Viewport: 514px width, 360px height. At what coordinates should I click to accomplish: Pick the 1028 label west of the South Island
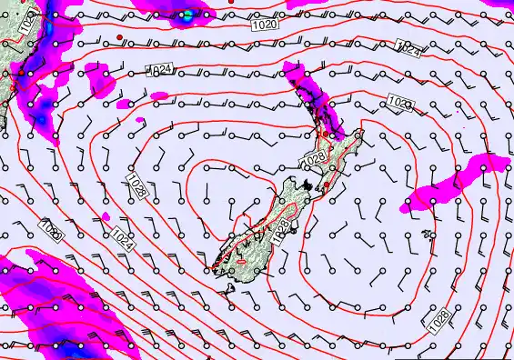click(137, 187)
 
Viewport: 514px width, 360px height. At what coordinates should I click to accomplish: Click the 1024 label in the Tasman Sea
click(161, 69)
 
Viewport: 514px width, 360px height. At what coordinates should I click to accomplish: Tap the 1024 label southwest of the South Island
click(123, 239)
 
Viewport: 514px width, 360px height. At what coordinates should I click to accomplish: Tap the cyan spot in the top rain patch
click(188, 15)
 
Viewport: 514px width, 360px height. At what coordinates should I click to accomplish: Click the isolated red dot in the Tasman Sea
click(119, 36)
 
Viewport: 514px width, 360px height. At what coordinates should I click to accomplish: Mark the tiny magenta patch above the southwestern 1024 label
click(106, 216)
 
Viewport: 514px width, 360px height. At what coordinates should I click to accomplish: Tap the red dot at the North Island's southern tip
click(327, 185)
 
